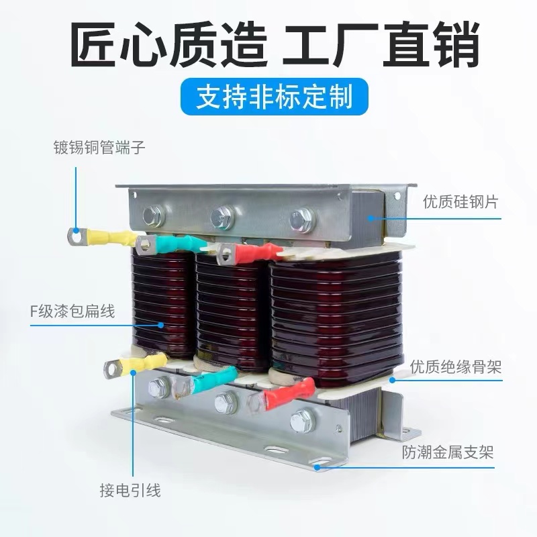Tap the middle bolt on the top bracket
(222, 217)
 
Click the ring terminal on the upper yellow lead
(75, 235)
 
